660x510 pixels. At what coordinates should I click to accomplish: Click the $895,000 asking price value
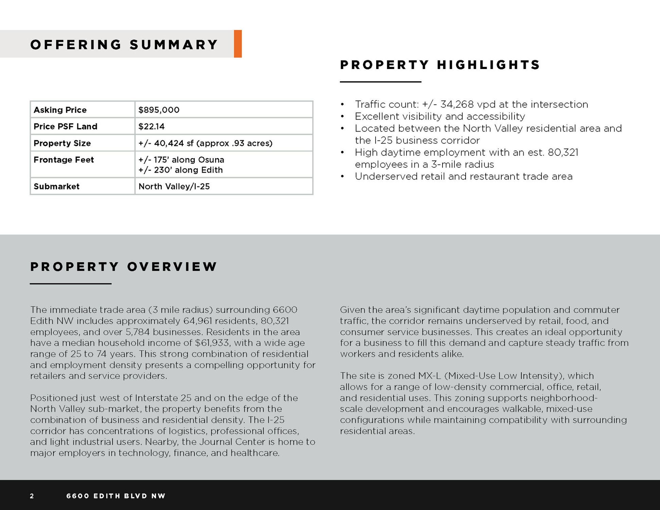[x=159, y=110]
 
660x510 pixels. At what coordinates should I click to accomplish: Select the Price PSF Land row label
[x=65, y=126]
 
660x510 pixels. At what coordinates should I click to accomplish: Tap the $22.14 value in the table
[x=151, y=126]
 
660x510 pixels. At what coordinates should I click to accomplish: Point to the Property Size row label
[x=62, y=143]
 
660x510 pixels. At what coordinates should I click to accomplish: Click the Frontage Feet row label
[x=64, y=160]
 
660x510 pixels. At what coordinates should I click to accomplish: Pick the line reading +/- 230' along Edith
[x=180, y=170]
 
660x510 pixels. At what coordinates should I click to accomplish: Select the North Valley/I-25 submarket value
[x=174, y=186]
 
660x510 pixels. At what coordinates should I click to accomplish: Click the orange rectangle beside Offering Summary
[x=238, y=44]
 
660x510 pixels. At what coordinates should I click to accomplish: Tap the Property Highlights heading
[x=440, y=65]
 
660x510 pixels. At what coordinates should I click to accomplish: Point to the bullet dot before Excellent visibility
[x=343, y=117]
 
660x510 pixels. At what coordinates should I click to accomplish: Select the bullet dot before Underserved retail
[x=343, y=176]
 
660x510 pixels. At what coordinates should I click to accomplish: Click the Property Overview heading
[x=124, y=267]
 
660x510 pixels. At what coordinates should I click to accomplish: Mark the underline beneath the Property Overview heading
[x=71, y=284]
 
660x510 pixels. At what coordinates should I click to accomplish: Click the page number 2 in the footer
[x=32, y=496]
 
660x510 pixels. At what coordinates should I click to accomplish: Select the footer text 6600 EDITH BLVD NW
[x=116, y=496]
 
